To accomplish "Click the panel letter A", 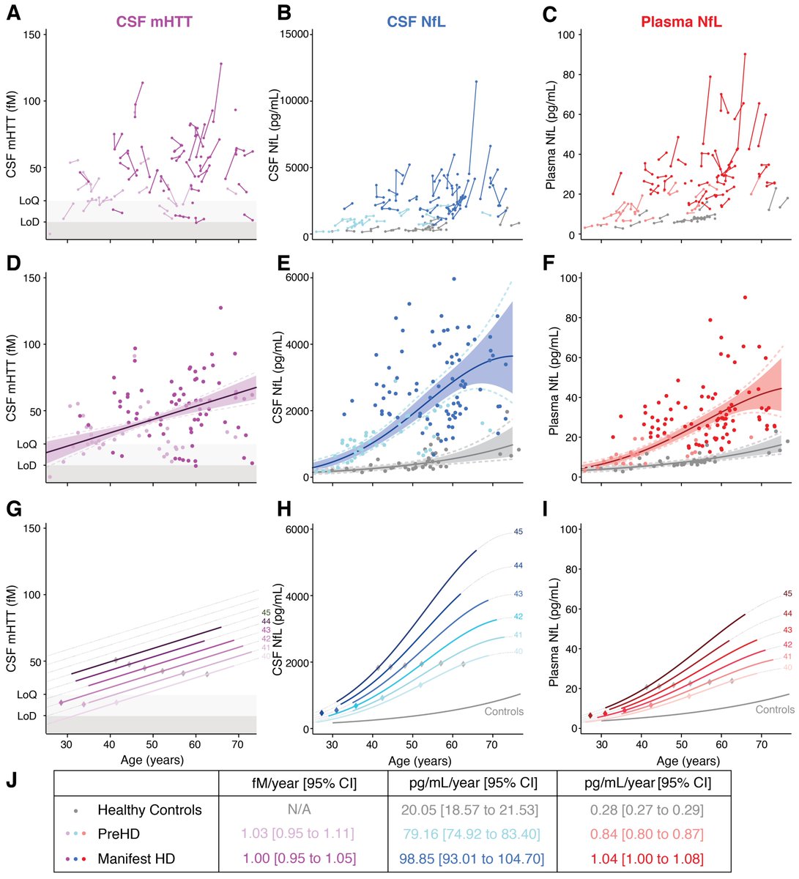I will pos(12,12).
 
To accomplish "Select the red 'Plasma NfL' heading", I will pos(681,23).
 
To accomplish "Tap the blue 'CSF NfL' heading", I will pos(417,23).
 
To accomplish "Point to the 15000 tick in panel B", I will pos(293,34).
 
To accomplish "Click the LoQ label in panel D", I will pos(26,444).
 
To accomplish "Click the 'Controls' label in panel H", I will pos(504,711).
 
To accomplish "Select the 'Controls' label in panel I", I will pos(775,709).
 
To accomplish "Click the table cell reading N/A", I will pos(303,810).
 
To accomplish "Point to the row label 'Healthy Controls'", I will pos(149,810).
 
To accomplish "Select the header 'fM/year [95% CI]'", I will pos(303,783).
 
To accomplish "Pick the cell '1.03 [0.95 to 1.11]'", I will pos(303,833).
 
